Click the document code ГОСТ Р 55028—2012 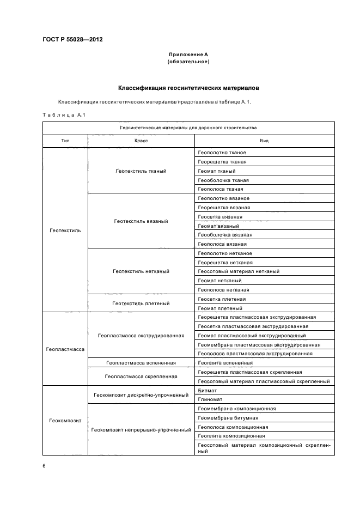click(x=72, y=40)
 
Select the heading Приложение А click(x=188, y=54)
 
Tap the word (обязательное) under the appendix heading click(x=188, y=62)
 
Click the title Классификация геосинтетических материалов click(x=188, y=87)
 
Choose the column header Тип click(x=65, y=141)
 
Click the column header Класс click(x=141, y=141)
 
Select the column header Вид click(x=264, y=141)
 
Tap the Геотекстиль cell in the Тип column click(x=65, y=230)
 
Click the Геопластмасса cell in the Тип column click(x=65, y=349)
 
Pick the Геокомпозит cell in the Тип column click(x=65, y=420)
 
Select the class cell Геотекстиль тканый click(x=141, y=171)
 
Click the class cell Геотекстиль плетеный click(x=141, y=303)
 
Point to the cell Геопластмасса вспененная click(x=141, y=362)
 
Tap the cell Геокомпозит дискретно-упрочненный click(x=141, y=394)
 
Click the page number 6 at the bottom click(x=44, y=466)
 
